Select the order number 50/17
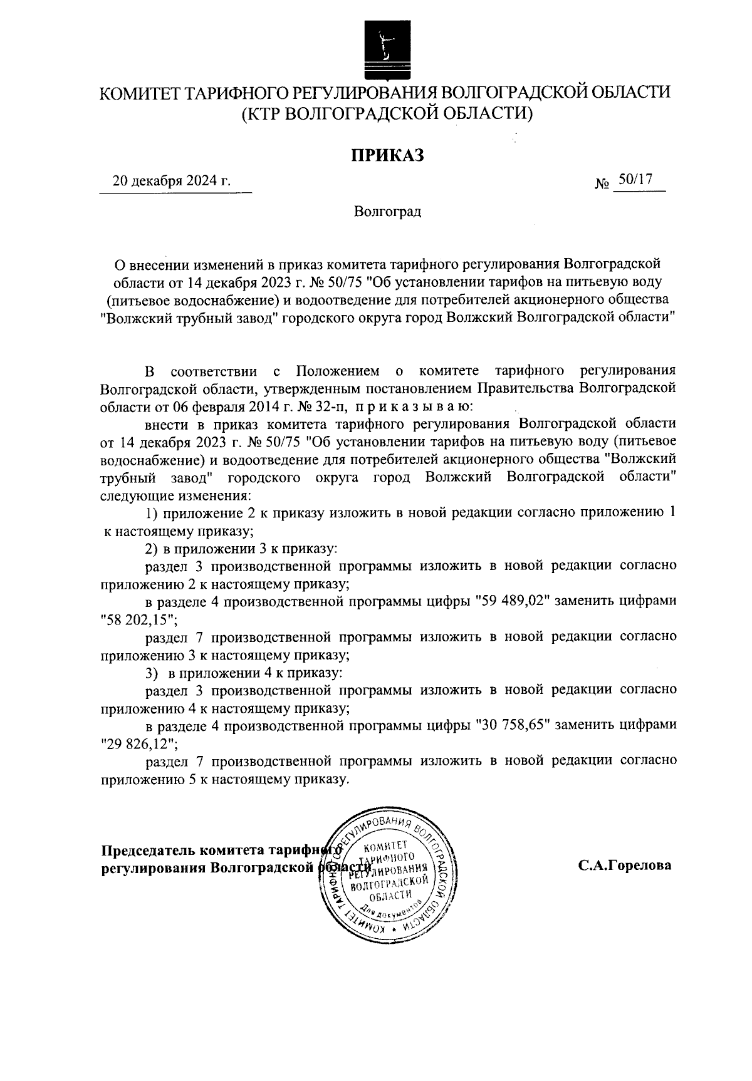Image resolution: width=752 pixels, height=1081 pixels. pos(635,180)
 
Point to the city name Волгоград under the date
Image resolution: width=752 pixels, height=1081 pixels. pos(387,212)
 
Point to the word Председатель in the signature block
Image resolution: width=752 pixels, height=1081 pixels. pos(148,851)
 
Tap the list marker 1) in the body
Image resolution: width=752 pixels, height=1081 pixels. pos(151,514)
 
